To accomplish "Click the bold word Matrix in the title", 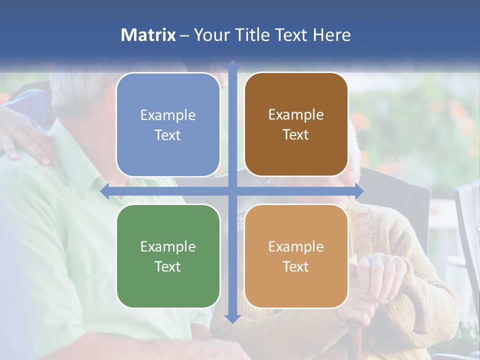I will pos(148,35).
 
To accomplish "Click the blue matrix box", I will pos(168,124).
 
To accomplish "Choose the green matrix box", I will pos(168,256).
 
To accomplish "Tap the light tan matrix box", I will pos(296,256).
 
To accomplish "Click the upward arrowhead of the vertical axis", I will pos(232,65).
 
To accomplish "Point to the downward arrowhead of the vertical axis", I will pos(232,318).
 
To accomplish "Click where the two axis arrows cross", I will pos(232,191).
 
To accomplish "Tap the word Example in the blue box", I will pos(168,115).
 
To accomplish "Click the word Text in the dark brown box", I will pos(296,134).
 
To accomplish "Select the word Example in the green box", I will pos(168,246).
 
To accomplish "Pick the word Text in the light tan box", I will pos(296,266).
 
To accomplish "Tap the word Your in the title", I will pos(208,35).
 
